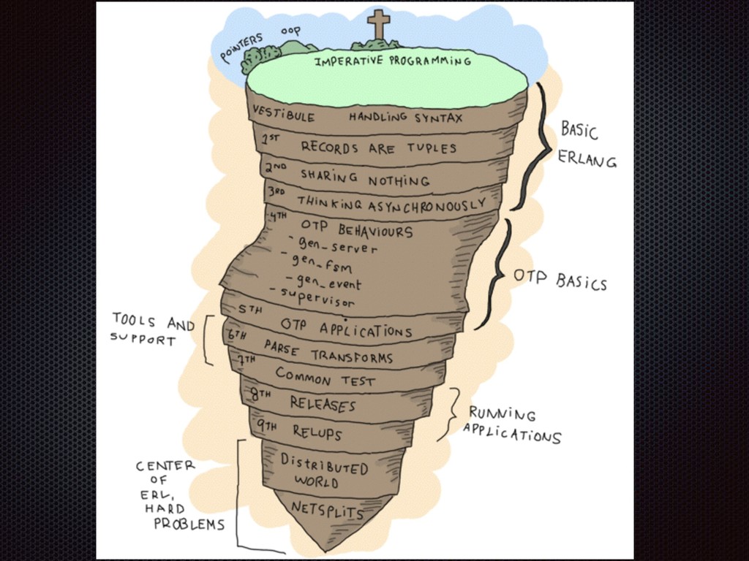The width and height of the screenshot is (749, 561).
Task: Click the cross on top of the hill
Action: (378, 24)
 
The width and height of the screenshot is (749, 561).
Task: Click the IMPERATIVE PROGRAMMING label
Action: (393, 61)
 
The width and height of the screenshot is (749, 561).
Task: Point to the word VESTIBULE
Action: (284, 115)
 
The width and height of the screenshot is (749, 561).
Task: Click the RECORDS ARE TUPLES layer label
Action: (378, 148)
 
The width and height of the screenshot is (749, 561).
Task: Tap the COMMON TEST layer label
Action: (325, 377)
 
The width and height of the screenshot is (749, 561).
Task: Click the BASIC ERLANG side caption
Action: (587, 145)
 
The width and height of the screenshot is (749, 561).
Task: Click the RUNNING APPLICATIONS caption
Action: (511, 424)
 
